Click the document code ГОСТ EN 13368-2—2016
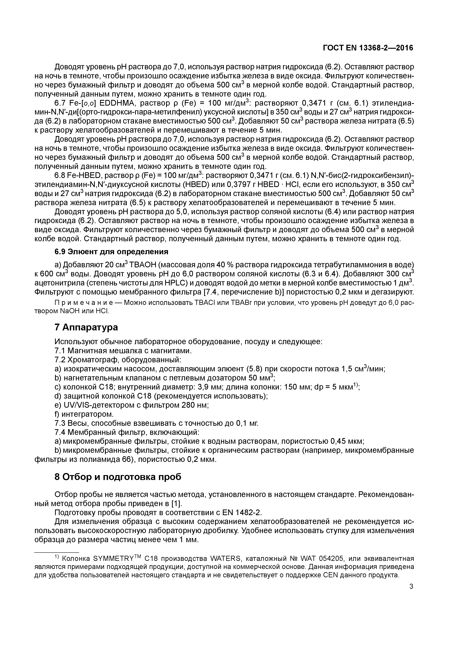click(x=368, y=48)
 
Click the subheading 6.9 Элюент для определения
click(x=111, y=252)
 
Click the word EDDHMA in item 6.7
click(x=117, y=103)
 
